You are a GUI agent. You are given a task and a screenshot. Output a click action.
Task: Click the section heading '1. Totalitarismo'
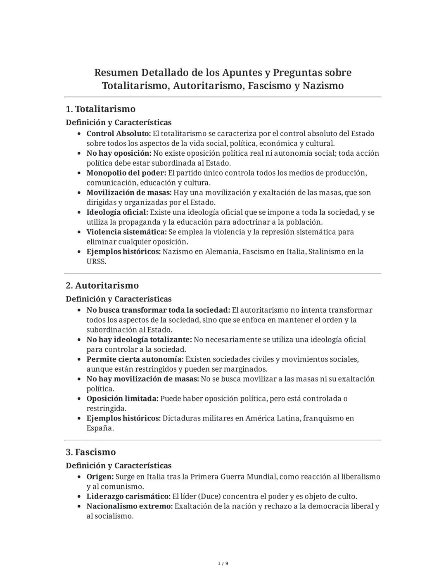(100, 109)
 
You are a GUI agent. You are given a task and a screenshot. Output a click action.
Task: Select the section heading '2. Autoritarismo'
(102, 285)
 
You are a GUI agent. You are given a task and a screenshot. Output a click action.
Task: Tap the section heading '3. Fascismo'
(91, 452)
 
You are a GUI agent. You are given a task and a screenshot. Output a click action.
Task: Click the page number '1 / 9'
(223, 563)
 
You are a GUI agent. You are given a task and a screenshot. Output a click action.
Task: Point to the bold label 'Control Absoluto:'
(119, 134)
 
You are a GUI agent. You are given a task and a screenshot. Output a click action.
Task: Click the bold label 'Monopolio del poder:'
(126, 173)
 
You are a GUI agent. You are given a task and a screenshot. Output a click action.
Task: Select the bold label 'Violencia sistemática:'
(126, 232)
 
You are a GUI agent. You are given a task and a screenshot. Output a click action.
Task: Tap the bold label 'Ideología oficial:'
(117, 212)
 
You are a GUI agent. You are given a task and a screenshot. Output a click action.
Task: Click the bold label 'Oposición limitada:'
(122, 399)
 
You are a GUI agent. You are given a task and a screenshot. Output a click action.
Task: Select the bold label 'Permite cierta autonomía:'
(135, 359)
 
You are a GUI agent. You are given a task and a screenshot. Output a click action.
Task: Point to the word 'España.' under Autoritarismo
(100, 428)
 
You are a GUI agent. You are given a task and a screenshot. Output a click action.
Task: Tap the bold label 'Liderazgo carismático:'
(128, 496)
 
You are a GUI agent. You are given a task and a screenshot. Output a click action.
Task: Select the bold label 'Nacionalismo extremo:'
(129, 506)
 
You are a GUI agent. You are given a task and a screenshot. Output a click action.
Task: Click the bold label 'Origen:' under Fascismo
(100, 477)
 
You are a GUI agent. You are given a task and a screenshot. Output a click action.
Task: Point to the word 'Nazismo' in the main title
(323, 86)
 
